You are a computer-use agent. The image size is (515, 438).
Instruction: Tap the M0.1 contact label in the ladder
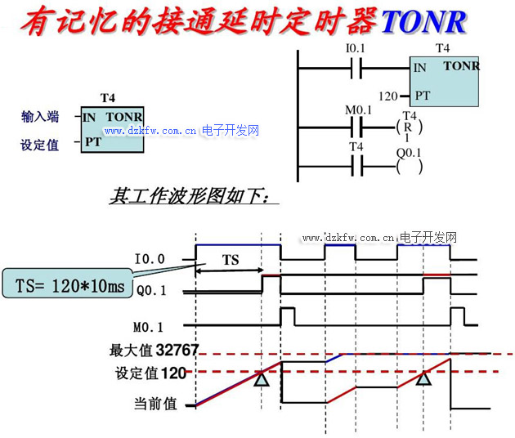[x=358, y=110]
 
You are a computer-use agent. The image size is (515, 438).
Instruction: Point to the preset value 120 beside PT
[x=389, y=96]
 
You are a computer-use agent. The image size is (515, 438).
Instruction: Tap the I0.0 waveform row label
[x=150, y=259]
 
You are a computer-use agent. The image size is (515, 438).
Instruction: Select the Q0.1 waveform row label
[x=153, y=288]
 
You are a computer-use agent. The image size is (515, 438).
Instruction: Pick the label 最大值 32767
[x=154, y=351]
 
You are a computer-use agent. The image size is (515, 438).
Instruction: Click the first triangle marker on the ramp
[x=261, y=378]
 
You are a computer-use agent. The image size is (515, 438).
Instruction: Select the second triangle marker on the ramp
[x=423, y=378]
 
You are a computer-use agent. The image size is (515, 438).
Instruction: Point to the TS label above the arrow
[x=231, y=260]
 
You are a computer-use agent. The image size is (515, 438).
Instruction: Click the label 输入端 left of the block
[x=40, y=117]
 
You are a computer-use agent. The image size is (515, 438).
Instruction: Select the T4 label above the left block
[x=107, y=98]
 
